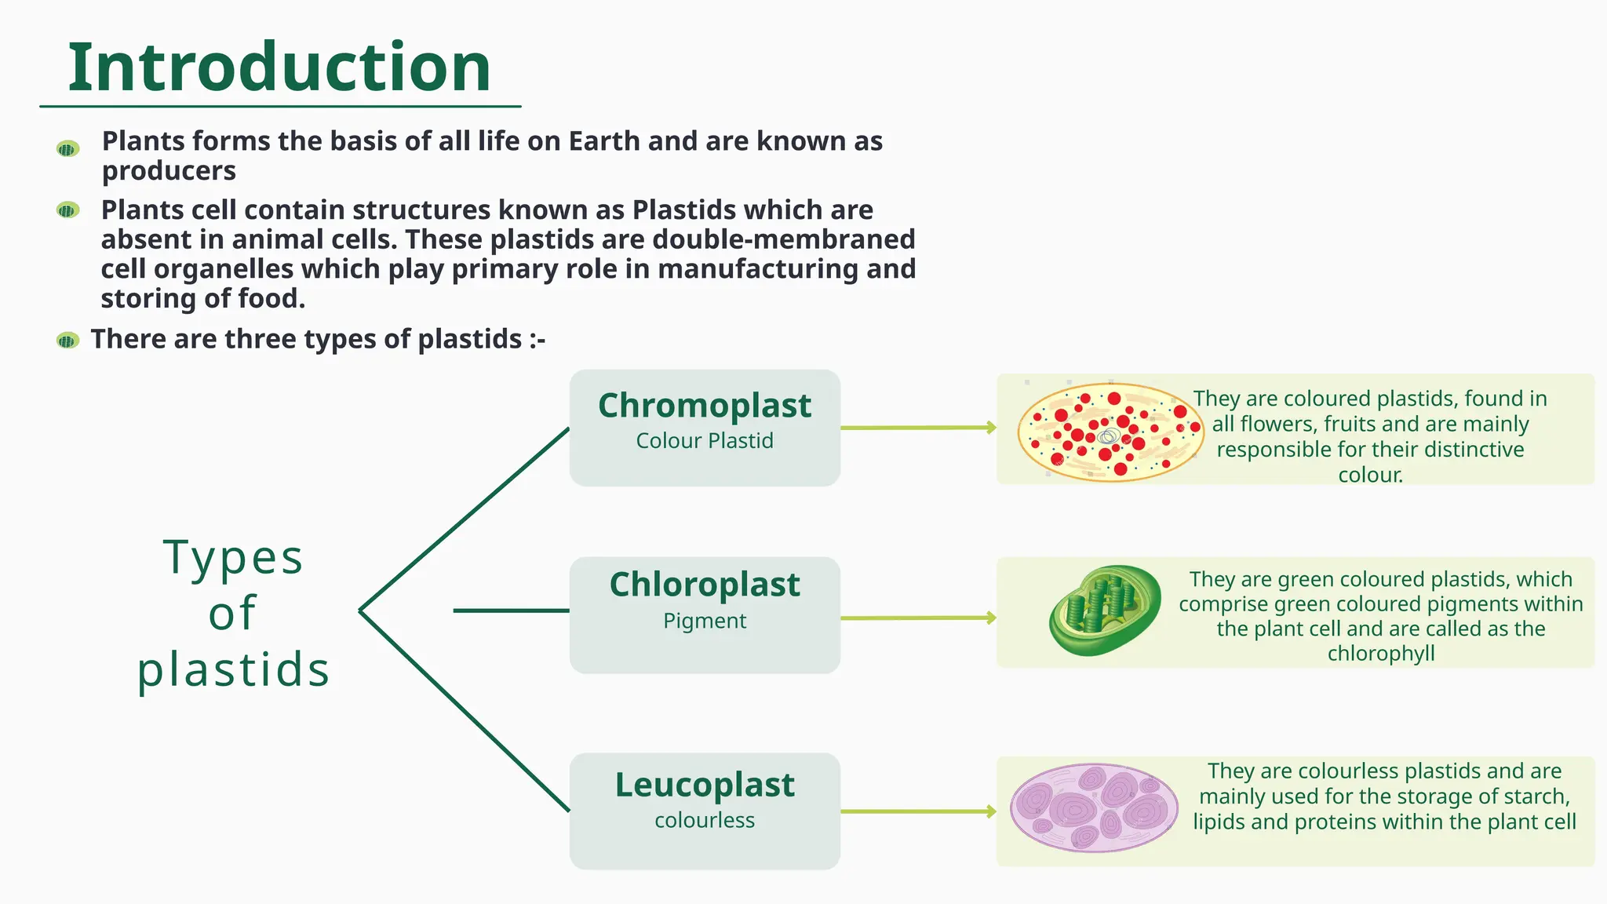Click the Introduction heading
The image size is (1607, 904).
pyautogui.click(x=279, y=67)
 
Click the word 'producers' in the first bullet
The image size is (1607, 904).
pyautogui.click(x=169, y=171)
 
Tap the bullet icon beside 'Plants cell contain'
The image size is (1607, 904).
pyautogui.click(x=68, y=210)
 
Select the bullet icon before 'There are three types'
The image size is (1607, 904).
pyautogui.click(x=68, y=341)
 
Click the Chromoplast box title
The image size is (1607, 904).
pyautogui.click(x=705, y=406)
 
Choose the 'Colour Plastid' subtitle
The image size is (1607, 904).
pyautogui.click(x=705, y=441)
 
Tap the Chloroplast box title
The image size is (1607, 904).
pyautogui.click(x=705, y=585)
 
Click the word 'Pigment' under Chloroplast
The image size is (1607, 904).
pyautogui.click(x=705, y=621)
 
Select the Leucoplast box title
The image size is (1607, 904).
pyautogui.click(x=705, y=785)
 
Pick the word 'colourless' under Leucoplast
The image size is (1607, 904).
pyautogui.click(x=705, y=821)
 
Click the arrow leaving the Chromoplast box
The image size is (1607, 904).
pyautogui.click(x=918, y=428)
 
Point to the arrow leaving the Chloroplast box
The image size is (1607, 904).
pyautogui.click(x=918, y=618)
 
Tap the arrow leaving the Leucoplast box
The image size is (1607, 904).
pyautogui.click(x=918, y=811)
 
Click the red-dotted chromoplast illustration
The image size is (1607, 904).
pyautogui.click(x=1110, y=432)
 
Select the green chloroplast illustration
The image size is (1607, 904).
pyautogui.click(x=1105, y=610)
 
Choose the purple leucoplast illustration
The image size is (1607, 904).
pyautogui.click(x=1094, y=807)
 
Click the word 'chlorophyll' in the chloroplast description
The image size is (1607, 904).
pyautogui.click(x=1381, y=654)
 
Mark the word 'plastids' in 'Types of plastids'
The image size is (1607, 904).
pyautogui.click(x=233, y=670)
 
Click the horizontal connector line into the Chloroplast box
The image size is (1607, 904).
pyautogui.click(x=511, y=611)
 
